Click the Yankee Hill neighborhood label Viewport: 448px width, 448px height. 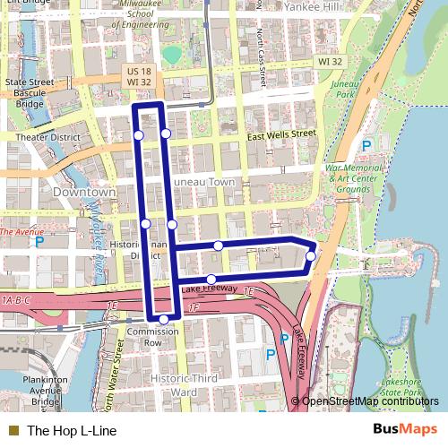308,6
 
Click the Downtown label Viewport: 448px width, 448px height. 84,193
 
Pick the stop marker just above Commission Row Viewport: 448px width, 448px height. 163,319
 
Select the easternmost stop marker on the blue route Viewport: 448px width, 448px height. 310,256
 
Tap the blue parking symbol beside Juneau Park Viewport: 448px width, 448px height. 366,146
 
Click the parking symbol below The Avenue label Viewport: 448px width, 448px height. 38,241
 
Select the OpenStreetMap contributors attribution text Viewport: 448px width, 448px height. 370,401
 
